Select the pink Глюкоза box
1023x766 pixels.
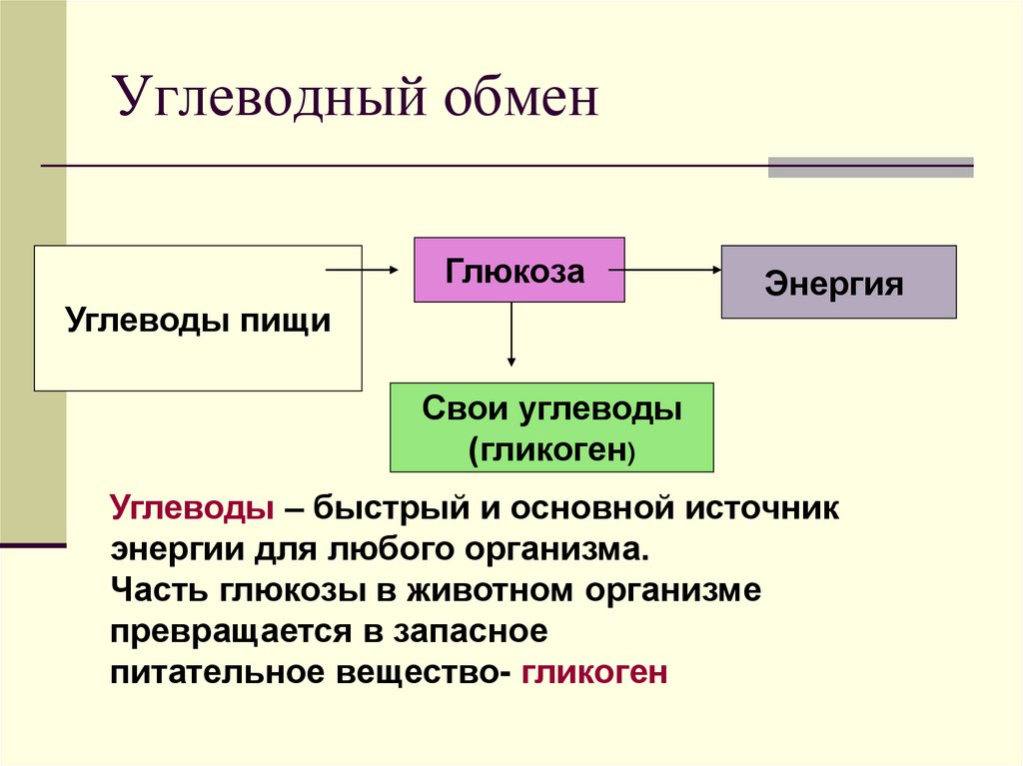click(519, 270)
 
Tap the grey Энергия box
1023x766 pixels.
click(838, 283)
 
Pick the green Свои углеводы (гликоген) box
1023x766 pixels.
click(551, 426)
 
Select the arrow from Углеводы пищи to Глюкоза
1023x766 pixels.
click(362, 270)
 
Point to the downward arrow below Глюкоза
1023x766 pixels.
click(511, 334)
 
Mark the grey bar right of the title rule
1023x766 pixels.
click(870, 167)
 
